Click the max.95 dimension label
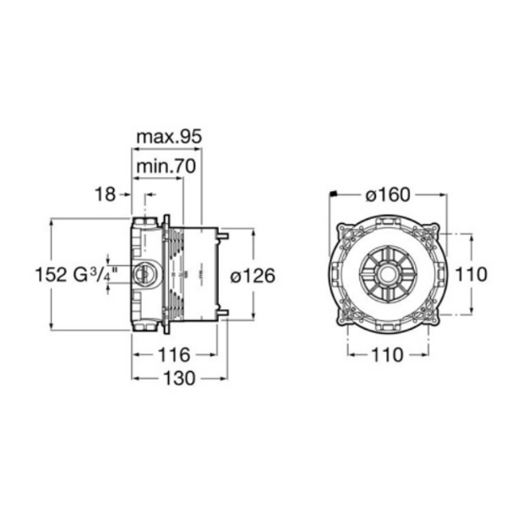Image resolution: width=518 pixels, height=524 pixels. point(170,137)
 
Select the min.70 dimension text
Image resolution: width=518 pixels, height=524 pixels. point(166,166)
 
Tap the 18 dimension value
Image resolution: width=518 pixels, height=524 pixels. point(106,194)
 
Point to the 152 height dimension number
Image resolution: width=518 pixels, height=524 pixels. point(52,275)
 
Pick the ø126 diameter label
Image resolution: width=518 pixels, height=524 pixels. point(253,276)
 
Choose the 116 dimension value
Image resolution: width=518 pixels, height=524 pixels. point(174,355)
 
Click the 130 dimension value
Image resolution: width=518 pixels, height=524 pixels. point(179,379)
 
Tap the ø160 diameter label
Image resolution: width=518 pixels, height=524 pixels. point(388,194)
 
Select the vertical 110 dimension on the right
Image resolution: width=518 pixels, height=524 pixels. point(472,275)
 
